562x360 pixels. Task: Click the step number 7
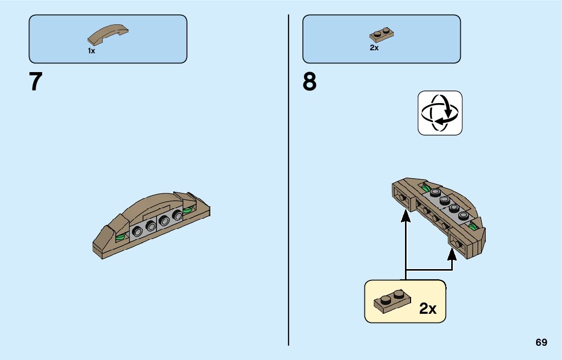[x=36, y=82]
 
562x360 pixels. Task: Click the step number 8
[x=309, y=82]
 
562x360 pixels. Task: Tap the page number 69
[x=541, y=342]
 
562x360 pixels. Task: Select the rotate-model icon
[x=440, y=113]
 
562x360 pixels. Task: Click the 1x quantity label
[x=91, y=51]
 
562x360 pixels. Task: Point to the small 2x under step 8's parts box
[x=374, y=48]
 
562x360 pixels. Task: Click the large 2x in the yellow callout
[x=428, y=308]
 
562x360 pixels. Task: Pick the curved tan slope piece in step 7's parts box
[x=108, y=34]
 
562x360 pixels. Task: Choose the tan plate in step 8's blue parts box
[x=382, y=35]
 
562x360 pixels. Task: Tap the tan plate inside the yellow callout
[x=392, y=302]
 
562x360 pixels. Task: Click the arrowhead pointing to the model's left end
[x=405, y=217]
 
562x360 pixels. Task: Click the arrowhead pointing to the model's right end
[x=452, y=253]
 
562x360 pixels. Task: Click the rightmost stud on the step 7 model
[x=177, y=216]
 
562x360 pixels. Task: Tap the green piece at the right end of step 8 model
[x=474, y=225]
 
